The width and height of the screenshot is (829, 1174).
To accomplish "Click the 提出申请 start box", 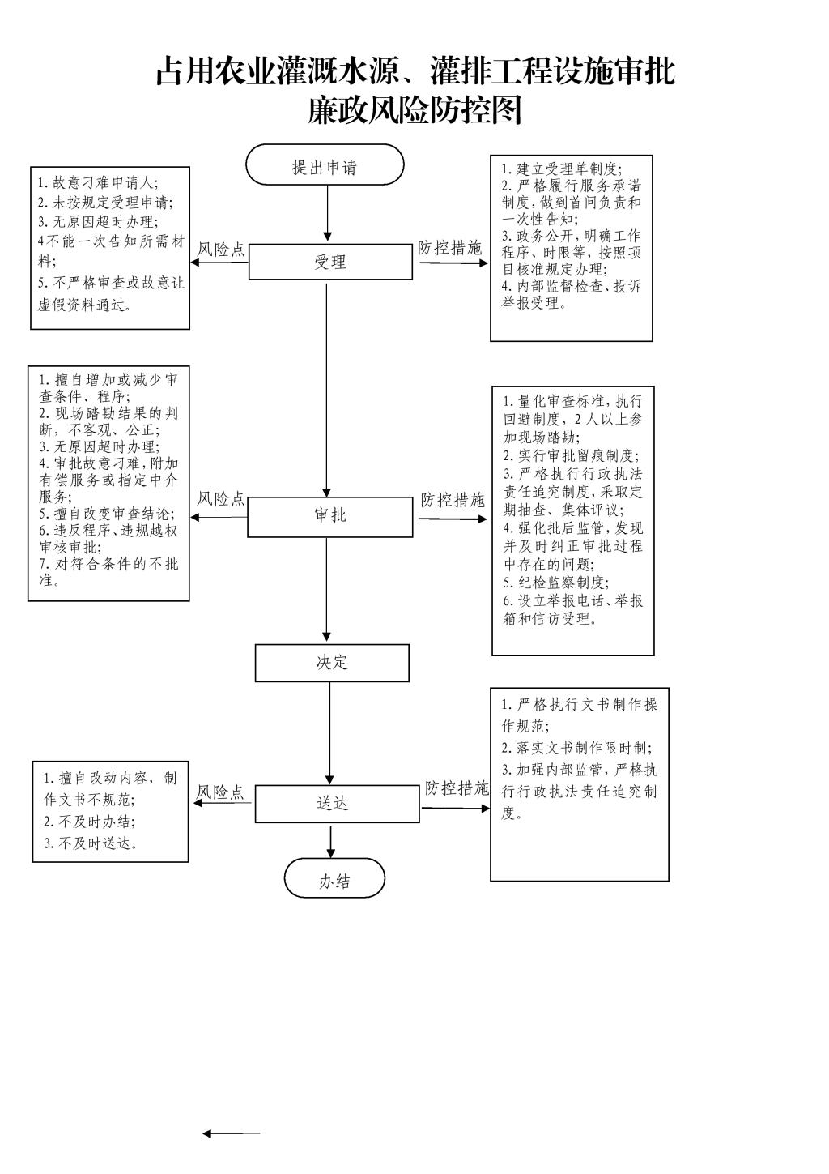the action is (x=325, y=164).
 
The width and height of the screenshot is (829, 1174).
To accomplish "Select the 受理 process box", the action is (x=330, y=262).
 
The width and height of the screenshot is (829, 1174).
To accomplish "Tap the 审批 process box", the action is (x=330, y=517).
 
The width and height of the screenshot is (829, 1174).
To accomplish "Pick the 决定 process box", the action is (x=332, y=663).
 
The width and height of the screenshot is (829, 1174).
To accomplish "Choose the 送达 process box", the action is (x=338, y=804).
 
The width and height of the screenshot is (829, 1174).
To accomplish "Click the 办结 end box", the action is (x=334, y=878).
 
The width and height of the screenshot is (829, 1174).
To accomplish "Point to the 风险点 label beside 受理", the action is (x=220, y=250).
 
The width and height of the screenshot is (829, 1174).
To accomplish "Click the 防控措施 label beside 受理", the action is (x=450, y=247).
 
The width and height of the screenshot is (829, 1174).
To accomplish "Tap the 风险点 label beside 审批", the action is (x=220, y=498).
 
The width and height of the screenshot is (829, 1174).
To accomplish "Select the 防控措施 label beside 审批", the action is (x=453, y=500).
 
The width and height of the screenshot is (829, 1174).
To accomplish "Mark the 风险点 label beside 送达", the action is (x=220, y=792).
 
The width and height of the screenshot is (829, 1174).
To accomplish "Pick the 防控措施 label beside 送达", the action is (x=457, y=788).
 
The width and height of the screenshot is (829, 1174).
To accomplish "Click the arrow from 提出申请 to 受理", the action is (x=327, y=213).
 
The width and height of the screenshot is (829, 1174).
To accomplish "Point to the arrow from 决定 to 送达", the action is (x=329, y=733).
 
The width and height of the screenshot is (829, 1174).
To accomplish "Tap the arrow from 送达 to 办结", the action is (x=330, y=842).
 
